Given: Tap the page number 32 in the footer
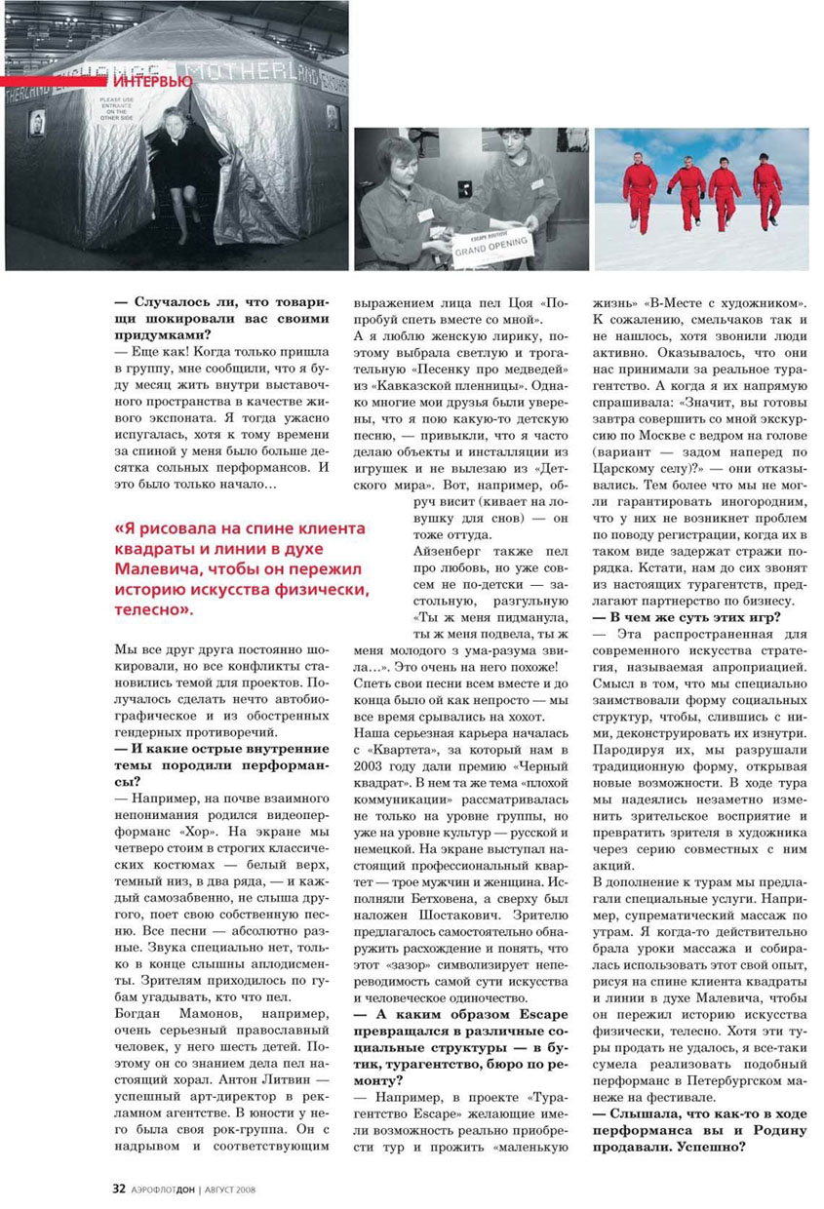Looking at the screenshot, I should pyautogui.click(x=119, y=1189).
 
